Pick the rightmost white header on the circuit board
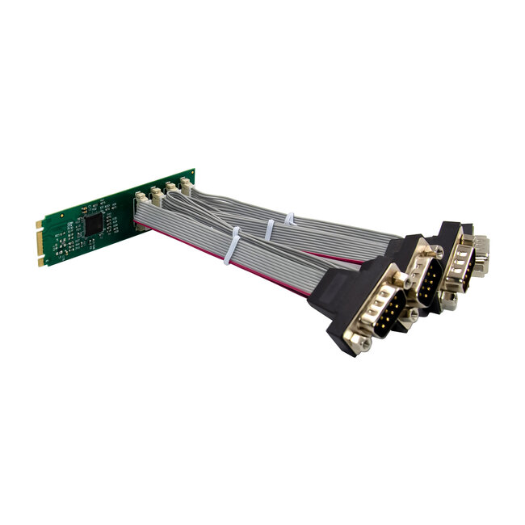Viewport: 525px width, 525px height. pos(186,185)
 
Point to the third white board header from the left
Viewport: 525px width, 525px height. pos(171,189)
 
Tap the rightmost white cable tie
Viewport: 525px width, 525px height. pos(289,219)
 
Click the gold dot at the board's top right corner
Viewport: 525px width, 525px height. pos(191,173)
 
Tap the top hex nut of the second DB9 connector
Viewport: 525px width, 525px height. pos(437,252)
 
